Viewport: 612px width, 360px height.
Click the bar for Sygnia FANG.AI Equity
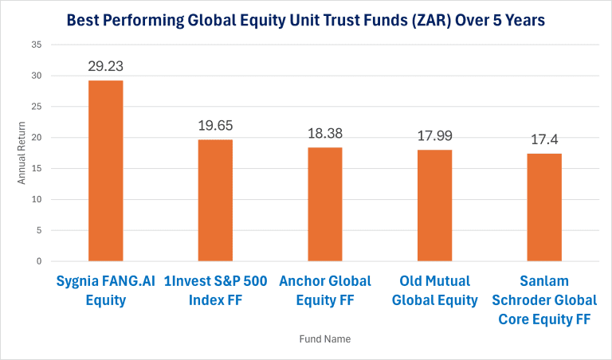105,170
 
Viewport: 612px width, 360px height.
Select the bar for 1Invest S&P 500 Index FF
215,200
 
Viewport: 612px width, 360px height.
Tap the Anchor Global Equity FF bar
325,204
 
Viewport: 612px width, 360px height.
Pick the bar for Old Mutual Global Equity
434,205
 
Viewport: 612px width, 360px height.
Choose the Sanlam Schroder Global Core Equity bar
544,207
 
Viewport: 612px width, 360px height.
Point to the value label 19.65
215,126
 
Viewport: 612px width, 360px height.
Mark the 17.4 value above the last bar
544,139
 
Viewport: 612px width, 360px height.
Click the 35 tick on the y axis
37,45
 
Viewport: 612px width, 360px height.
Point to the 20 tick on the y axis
37,138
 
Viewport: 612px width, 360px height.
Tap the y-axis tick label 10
37,199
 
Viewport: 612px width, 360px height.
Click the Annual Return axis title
22,154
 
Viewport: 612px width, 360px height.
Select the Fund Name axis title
324,338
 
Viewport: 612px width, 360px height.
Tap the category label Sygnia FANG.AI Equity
105,291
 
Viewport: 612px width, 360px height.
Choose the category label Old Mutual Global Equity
434,291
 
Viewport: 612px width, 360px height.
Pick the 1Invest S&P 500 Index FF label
215,291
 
